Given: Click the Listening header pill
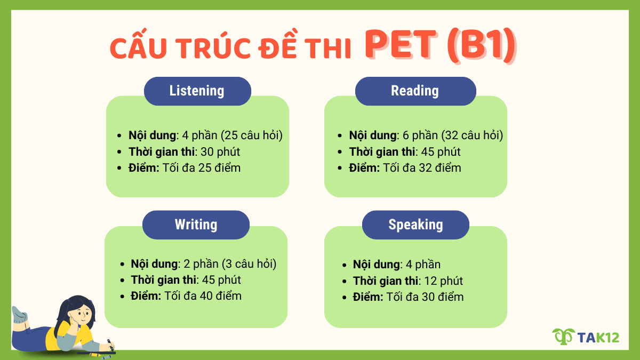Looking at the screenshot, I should click(x=197, y=91).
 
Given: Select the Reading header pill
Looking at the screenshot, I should click(x=415, y=91).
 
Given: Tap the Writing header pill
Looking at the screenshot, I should click(x=196, y=225).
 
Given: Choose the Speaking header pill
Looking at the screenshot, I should click(x=415, y=225).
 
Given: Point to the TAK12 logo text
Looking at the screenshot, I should click(x=598, y=337).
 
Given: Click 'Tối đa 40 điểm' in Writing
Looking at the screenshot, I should click(x=203, y=295).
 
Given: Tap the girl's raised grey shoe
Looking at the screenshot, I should click(x=19, y=314).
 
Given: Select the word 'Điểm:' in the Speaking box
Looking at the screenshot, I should click(x=368, y=297).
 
